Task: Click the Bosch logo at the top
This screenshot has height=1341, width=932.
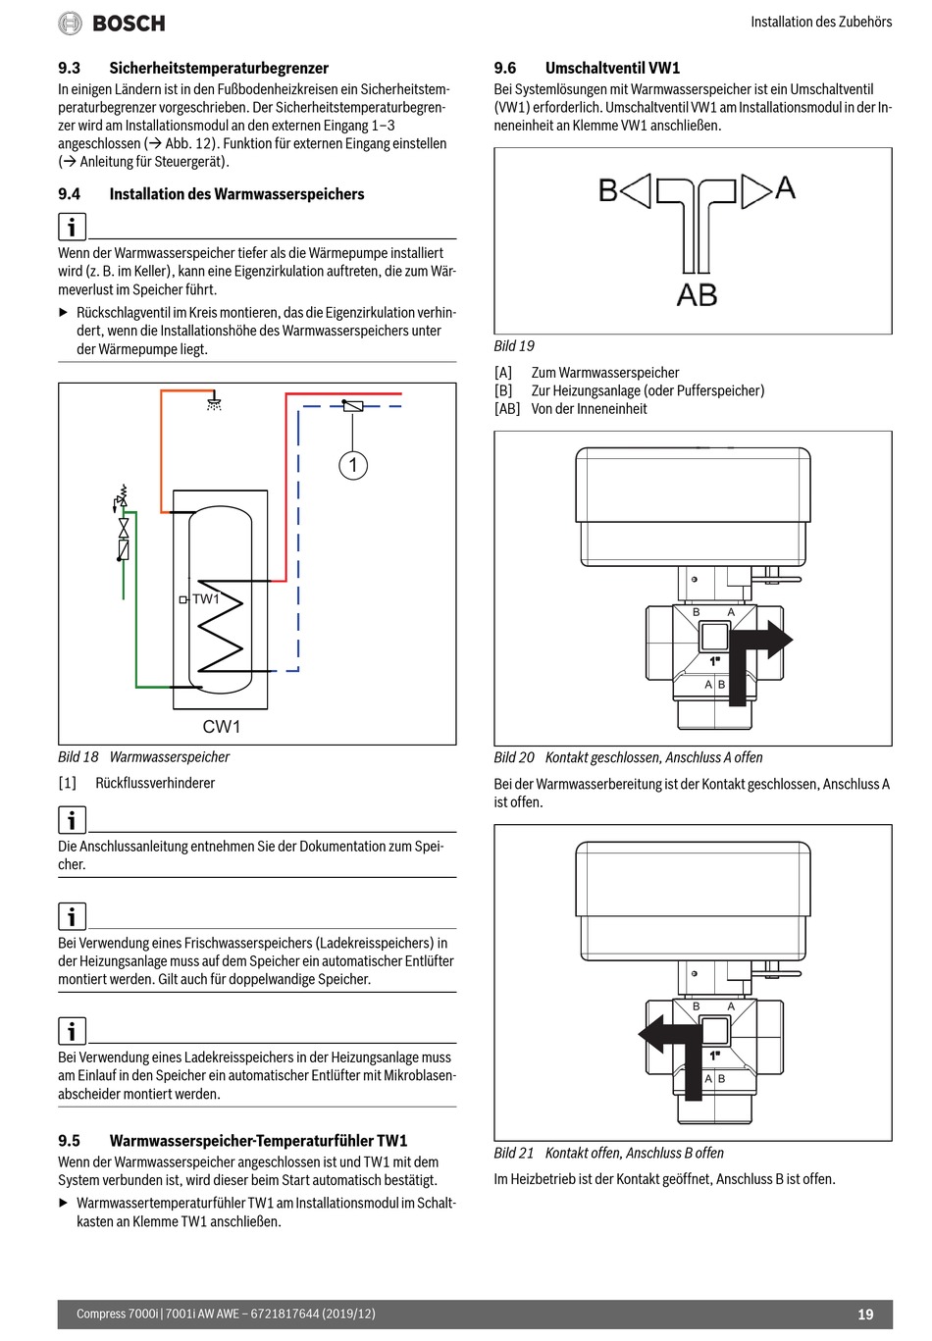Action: (x=112, y=23)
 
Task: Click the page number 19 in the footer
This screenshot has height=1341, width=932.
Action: (x=864, y=1315)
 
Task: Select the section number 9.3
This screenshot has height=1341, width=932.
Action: (x=69, y=68)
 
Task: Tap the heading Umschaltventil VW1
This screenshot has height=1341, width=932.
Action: (x=612, y=68)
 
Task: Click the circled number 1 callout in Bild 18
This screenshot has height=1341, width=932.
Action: (x=353, y=464)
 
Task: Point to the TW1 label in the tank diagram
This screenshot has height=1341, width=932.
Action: (x=206, y=598)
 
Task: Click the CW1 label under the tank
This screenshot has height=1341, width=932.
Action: (x=222, y=727)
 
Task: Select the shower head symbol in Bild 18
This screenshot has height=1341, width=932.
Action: (x=214, y=402)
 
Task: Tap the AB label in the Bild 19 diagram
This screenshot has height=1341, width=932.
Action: (x=697, y=294)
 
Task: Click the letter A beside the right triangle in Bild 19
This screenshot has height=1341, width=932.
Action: (x=785, y=187)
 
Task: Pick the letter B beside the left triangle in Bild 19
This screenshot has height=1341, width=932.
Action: (x=608, y=190)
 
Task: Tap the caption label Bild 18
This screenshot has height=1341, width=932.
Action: (x=78, y=757)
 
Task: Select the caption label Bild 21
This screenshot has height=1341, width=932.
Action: (x=514, y=1153)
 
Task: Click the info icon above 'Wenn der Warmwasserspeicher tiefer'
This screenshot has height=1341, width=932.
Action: (x=72, y=228)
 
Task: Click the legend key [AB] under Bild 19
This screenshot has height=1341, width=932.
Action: (x=507, y=409)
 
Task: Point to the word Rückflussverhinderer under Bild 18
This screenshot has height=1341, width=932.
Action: (x=155, y=783)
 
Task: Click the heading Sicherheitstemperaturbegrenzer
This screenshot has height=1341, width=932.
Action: (x=219, y=68)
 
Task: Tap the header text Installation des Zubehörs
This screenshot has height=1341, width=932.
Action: (x=821, y=22)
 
